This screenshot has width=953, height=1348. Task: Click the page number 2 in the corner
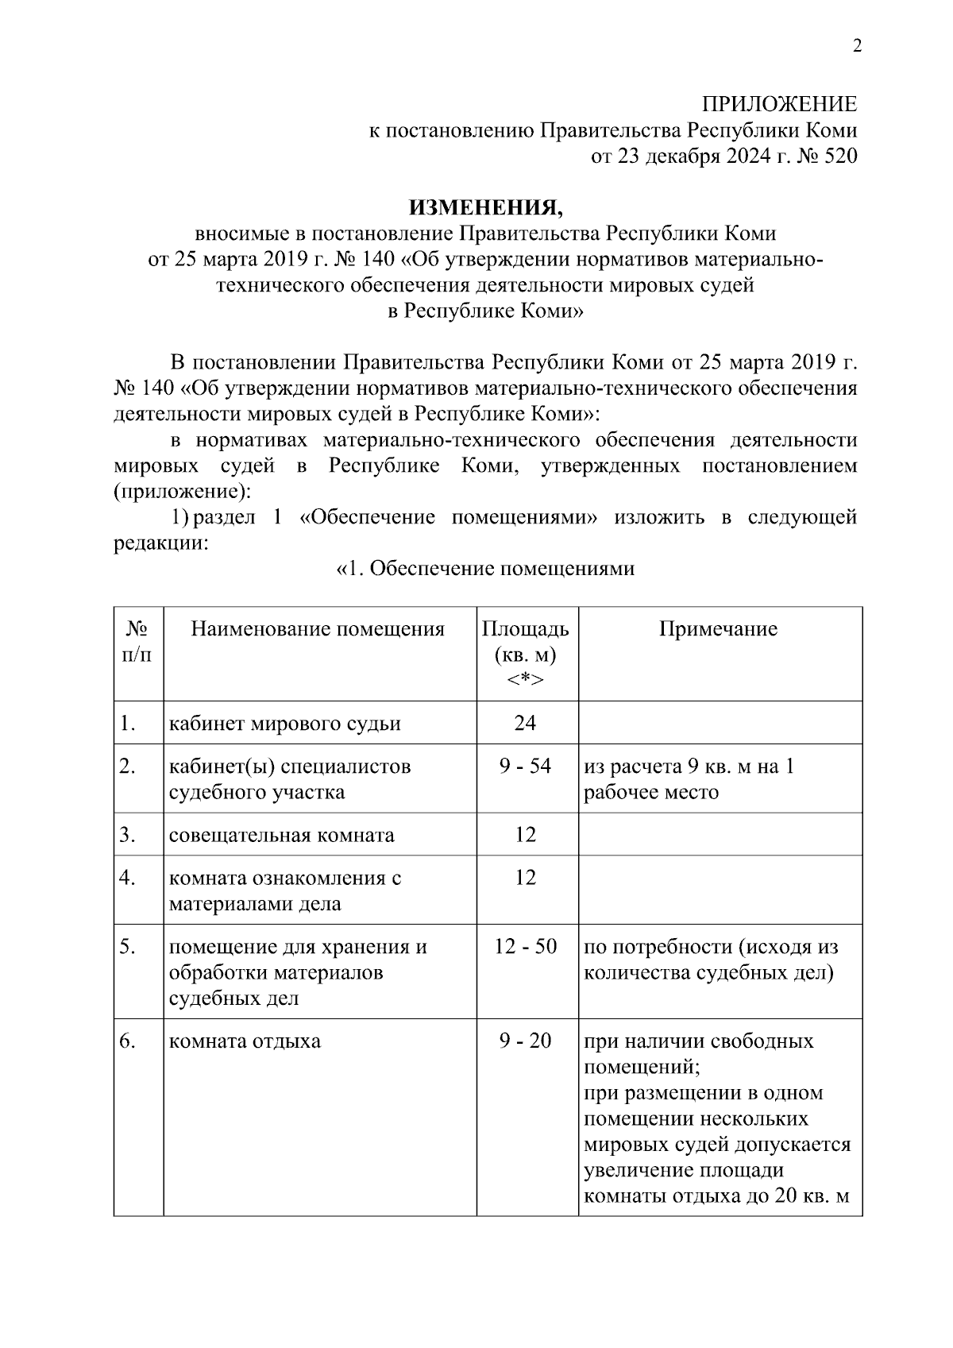click(x=856, y=46)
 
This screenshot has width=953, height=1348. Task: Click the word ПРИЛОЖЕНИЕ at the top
click(x=779, y=104)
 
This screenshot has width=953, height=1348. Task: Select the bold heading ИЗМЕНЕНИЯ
click(x=485, y=207)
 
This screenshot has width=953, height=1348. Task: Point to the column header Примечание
click(x=718, y=629)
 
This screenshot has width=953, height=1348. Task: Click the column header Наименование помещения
click(x=318, y=629)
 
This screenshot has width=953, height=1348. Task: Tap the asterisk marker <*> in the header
click(x=525, y=680)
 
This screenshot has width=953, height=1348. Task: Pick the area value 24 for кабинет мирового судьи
click(x=525, y=722)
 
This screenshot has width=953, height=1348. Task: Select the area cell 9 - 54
click(x=525, y=767)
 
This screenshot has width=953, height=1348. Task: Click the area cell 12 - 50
click(x=525, y=946)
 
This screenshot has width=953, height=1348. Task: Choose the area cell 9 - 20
click(x=525, y=1041)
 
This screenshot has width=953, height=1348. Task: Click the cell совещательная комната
click(x=281, y=835)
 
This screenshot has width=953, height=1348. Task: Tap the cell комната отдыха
click(x=245, y=1041)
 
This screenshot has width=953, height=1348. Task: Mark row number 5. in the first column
click(x=128, y=946)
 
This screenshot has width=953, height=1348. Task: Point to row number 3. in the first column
click(x=128, y=835)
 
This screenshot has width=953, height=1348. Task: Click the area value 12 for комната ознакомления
click(x=525, y=877)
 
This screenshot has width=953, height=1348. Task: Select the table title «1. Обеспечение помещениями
click(x=485, y=569)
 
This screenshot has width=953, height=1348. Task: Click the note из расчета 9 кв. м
click(x=689, y=767)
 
